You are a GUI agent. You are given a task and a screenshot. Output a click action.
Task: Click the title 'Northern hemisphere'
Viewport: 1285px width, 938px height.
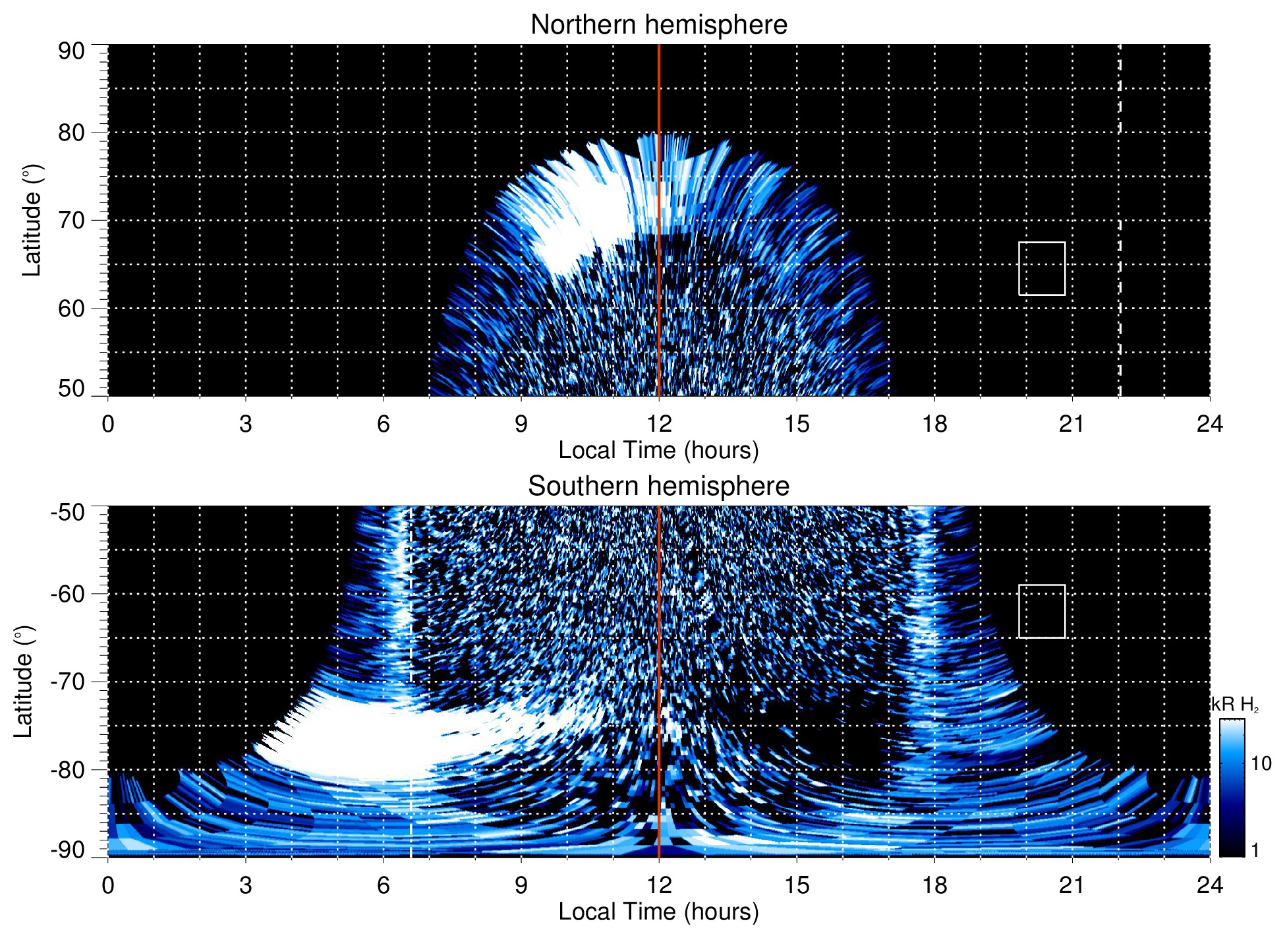(x=658, y=25)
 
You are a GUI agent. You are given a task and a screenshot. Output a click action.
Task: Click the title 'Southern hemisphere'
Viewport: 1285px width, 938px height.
(x=658, y=486)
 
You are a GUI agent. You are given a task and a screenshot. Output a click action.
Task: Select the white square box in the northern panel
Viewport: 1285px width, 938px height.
(x=1041, y=268)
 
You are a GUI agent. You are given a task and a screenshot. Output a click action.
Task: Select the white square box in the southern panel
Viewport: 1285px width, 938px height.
(x=1041, y=611)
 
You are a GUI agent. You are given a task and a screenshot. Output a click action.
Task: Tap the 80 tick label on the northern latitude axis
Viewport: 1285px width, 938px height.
(x=71, y=132)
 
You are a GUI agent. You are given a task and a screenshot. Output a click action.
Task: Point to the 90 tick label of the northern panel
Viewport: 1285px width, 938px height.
(x=71, y=51)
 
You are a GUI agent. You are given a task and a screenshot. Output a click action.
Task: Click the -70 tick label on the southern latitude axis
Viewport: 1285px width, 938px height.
(x=68, y=682)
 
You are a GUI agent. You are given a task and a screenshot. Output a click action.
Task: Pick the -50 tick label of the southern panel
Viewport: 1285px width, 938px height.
(x=68, y=512)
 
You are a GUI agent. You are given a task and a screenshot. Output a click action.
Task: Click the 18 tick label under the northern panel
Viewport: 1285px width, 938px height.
(x=934, y=424)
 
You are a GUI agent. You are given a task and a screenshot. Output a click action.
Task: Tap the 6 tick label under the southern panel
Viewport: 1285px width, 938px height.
(x=384, y=885)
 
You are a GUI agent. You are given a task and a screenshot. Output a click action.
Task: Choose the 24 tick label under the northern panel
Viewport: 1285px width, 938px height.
(x=1209, y=424)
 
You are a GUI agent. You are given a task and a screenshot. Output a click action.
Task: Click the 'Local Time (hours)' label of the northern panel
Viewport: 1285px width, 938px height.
(x=658, y=451)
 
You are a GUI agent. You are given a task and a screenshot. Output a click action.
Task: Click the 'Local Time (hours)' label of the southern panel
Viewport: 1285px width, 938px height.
(x=658, y=912)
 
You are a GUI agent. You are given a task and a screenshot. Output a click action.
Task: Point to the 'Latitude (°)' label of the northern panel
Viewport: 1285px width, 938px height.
(x=32, y=220)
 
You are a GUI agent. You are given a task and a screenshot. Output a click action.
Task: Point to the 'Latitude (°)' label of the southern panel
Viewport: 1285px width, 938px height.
(x=24, y=682)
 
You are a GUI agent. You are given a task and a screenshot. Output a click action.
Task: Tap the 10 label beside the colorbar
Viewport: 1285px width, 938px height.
(x=1261, y=764)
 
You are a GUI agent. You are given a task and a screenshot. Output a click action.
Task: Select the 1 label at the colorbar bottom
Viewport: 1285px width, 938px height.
(x=1255, y=850)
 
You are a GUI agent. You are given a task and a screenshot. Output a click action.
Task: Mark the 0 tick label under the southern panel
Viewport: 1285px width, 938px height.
(x=108, y=885)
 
